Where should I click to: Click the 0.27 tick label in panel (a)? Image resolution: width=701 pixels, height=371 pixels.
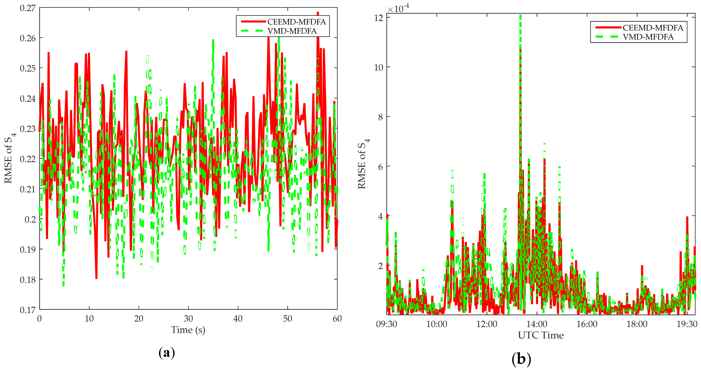coord(28,8)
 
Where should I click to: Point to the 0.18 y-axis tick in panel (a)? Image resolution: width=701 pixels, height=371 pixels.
coord(28,280)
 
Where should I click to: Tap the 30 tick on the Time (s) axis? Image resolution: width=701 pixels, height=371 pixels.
coord(188,318)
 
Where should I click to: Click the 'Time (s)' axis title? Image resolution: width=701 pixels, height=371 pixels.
coord(188,330)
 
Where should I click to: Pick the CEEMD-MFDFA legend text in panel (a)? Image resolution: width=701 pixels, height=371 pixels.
coord(297,22)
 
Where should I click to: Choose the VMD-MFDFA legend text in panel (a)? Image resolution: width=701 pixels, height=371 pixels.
coord(292,31)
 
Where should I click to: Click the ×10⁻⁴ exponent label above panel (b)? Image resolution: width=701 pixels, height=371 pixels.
coord(398,9)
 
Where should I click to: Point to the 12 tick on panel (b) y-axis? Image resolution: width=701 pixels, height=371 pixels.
coord(379,18)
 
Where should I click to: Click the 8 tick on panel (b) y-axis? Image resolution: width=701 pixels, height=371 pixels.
coord(381,117)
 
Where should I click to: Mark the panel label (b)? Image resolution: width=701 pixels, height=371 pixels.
coord(521,359)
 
